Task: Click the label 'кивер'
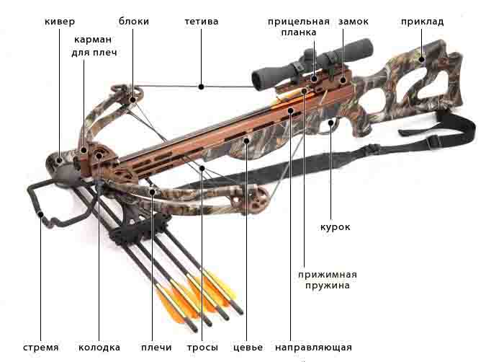pos(60,22)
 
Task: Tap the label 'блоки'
pos(134,21)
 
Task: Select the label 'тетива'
pos(202,22)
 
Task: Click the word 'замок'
pos(354,22)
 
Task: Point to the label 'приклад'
pos(423,22)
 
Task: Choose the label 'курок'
pos(336,227)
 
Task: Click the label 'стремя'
pos(41,348)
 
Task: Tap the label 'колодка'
pos(99,348)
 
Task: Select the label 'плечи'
pos(156,348)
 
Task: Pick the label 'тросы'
pos(202,348)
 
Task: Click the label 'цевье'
pos(248,348)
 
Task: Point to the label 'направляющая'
pos(313,348)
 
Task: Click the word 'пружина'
pos(327,286)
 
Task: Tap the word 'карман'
pos(93,40)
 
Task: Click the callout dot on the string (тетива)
pos(201,87)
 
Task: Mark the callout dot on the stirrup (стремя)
pos(41,214)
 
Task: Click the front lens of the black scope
pos(258,80)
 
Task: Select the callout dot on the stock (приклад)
pos(422,59)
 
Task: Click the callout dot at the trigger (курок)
pos(330,123)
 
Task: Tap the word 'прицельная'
pos(299,22)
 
